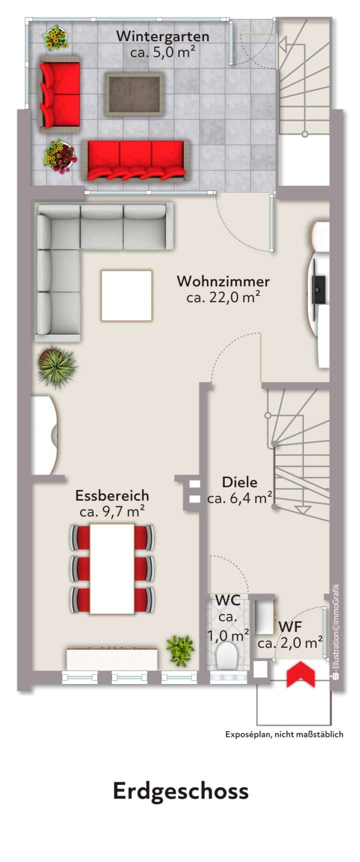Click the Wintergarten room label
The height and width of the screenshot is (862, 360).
point(162,36)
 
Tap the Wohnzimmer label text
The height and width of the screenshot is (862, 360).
point(223,281)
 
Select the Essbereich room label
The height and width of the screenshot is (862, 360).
point(112,496)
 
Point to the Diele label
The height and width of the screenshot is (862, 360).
point(240,482)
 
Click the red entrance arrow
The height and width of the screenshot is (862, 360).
point(300,674)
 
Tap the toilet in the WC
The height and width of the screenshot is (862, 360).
point(228,655)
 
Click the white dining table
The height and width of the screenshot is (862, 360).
point(112,568)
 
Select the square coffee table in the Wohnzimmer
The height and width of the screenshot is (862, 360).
point(126,295)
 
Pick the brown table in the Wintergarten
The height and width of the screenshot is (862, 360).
point(134,93)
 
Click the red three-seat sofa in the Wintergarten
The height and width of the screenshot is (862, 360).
point(135,160)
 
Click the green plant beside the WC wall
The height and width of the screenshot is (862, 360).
point(180,650)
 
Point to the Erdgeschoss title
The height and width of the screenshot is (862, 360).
point(180,791)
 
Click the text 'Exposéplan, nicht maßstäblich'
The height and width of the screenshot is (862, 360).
point(284,734)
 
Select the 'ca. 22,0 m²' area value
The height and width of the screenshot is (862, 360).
point(223,298)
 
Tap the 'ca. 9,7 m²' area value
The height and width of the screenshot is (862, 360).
point(112,512)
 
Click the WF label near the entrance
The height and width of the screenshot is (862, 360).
point(290,627)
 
